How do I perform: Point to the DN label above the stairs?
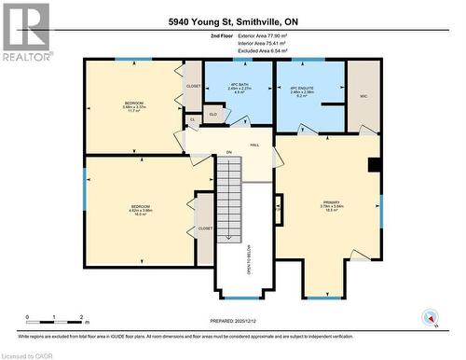[228, 153]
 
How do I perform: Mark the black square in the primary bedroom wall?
[374, 166]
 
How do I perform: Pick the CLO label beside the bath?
[212, 116]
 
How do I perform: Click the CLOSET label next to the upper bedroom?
[193, 86]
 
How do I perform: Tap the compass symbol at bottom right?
[429, 318]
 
